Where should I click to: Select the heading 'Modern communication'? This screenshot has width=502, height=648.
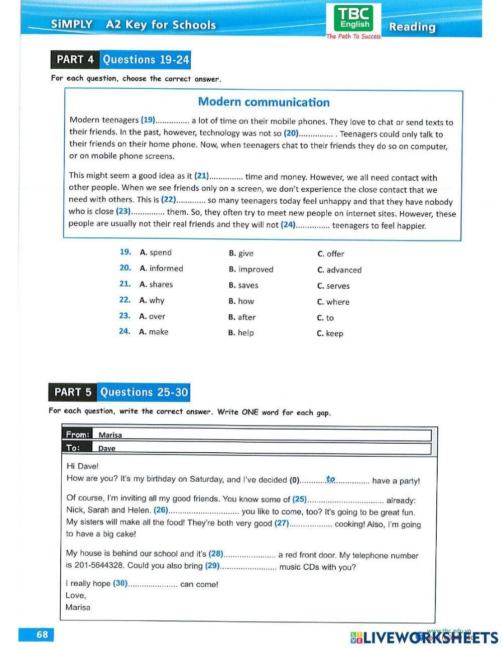(x=264, y=102)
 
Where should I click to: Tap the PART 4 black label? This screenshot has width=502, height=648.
(x=75, y=60)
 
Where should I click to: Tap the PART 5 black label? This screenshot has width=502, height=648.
(x=73, y=392)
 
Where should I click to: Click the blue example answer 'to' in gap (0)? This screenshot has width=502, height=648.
(x=330, y=479)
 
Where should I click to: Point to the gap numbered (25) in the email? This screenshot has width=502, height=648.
(x=345, y=500)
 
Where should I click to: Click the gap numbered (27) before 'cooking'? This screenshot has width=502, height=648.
(x=311, y=524)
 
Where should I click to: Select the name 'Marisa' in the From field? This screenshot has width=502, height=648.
(x=110, y=435)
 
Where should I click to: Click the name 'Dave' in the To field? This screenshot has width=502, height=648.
(x=106, y=448)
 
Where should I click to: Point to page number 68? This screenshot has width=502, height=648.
(x=42, y=634)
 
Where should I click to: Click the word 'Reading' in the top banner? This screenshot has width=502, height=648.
(x=412, y=27)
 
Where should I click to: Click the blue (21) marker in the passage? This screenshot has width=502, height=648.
(x=201, y=176)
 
